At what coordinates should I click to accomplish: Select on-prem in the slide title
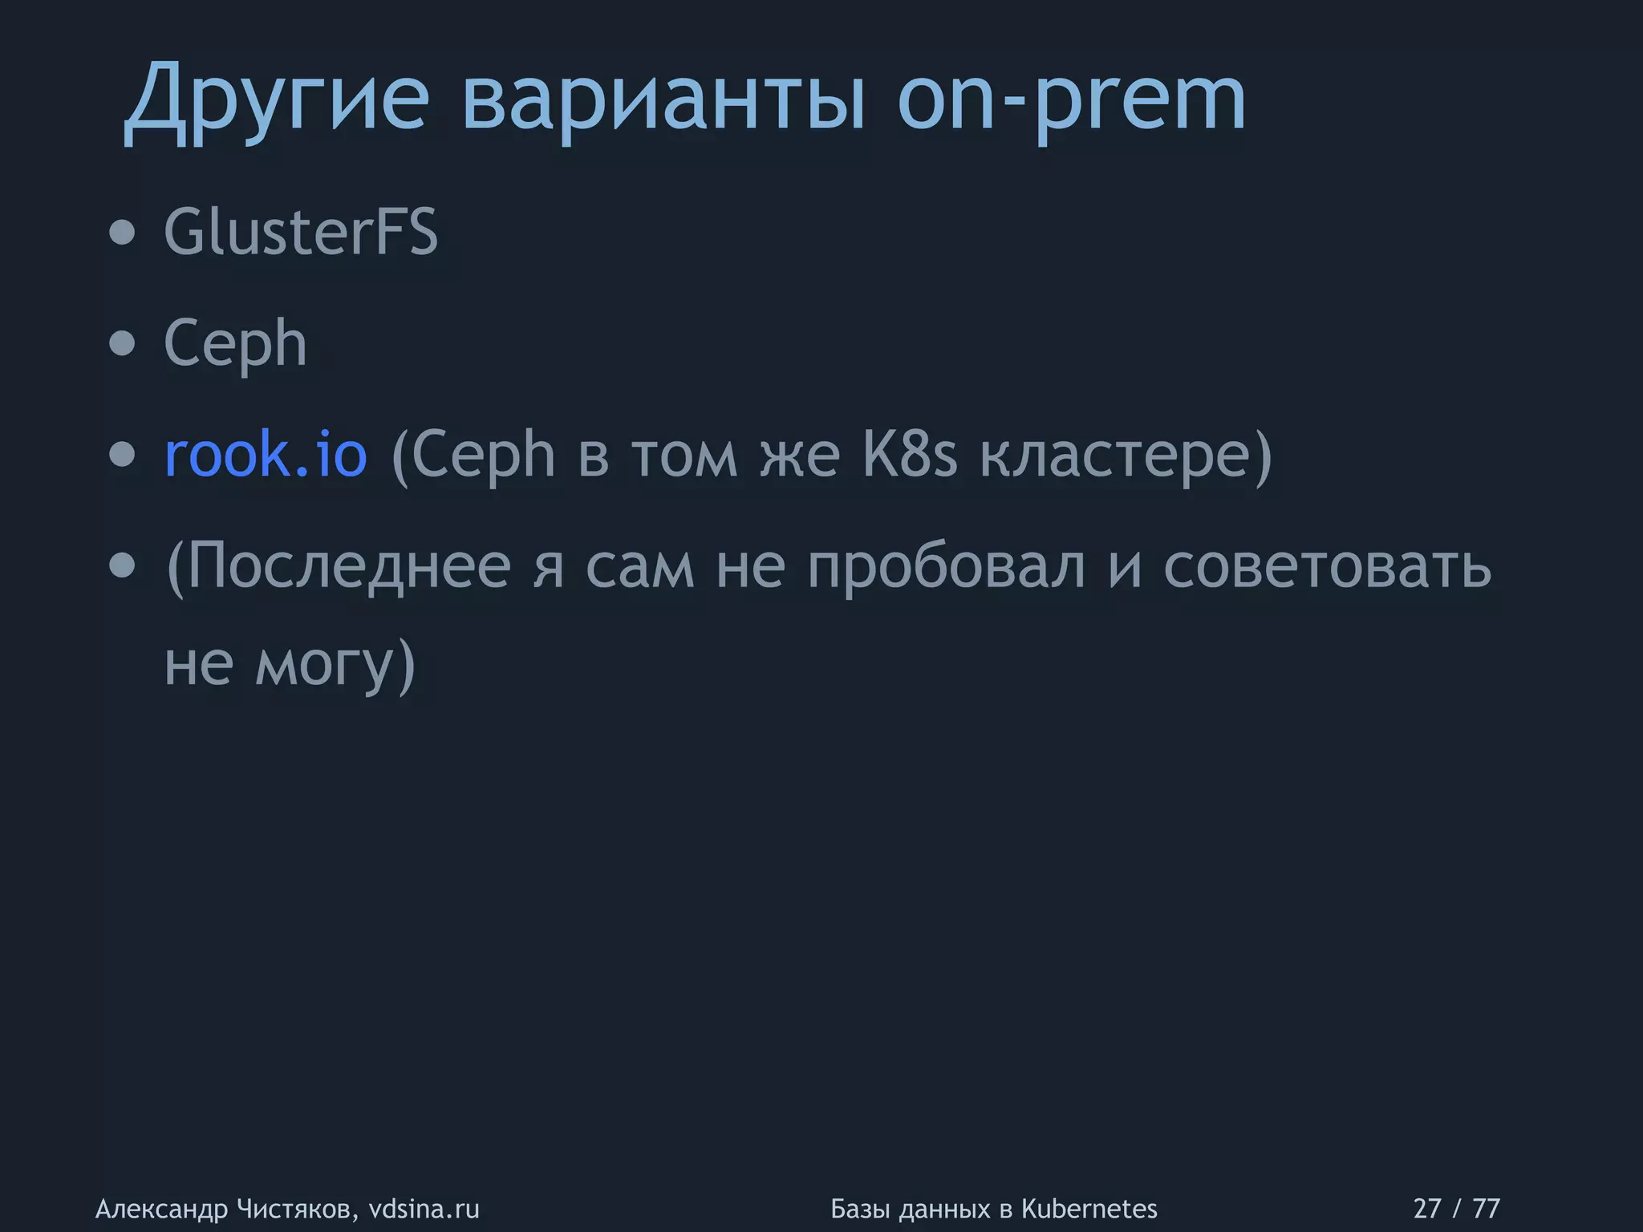1071,100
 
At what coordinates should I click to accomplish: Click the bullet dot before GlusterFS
123,233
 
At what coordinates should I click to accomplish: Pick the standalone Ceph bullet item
235,343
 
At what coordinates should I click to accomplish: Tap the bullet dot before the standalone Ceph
123,344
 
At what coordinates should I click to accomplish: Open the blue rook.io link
266,455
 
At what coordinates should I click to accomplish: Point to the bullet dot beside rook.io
123,456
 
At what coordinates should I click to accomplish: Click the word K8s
910,455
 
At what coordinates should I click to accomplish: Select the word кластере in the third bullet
1115,455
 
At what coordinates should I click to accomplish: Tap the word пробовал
947,566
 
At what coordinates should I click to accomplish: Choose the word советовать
1328,566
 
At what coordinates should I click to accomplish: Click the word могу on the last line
325,664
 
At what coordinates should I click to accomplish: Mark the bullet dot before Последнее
123,567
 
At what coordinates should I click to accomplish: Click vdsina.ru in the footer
424,1209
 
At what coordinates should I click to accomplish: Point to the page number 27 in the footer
1427,1209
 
